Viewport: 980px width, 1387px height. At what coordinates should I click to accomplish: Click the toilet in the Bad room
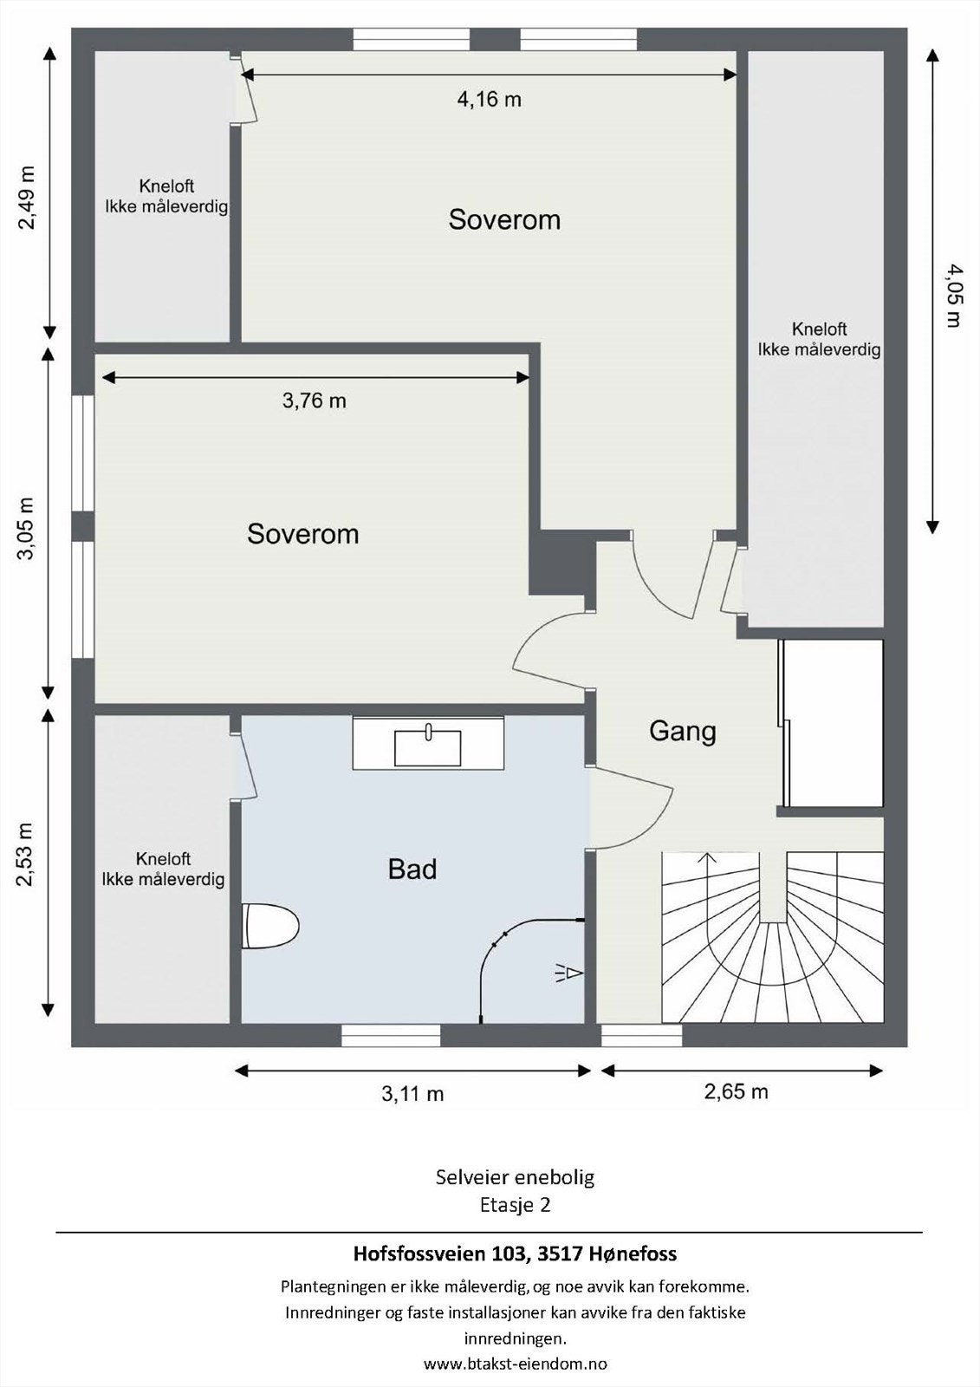[270, 926]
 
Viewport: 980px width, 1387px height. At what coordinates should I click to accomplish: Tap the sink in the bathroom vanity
[427, 747]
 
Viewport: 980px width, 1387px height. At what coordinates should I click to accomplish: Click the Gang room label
[683, 731]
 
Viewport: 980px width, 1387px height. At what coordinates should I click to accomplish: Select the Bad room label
[412, 869]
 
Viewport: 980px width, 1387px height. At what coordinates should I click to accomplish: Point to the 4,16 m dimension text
[489, 100]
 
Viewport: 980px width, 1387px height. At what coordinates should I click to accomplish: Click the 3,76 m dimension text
[314, 400]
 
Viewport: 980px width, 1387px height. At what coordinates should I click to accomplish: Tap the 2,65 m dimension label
[736, 1091]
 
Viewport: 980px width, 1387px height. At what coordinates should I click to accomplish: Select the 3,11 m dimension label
[412, 1094]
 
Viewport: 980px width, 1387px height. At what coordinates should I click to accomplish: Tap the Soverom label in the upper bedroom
[504, 219]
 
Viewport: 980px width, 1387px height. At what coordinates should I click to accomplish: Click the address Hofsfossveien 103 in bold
[515, 1254]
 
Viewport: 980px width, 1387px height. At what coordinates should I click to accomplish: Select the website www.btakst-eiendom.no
[515, 1364]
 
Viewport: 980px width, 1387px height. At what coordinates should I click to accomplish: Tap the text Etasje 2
[515, 1204]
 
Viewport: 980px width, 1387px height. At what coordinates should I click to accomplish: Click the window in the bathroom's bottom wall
[391, 1035]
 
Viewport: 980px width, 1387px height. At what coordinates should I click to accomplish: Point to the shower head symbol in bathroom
[568, 974]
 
